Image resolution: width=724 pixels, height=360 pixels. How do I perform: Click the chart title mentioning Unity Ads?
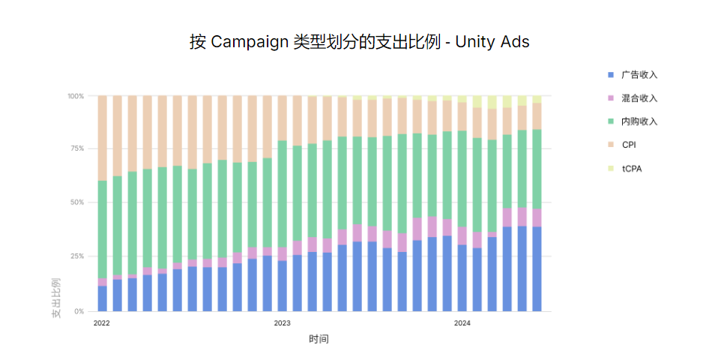[360, 42]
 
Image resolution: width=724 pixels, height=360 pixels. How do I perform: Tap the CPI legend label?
[629, 145]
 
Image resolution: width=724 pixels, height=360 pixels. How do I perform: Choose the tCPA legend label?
[632, 169]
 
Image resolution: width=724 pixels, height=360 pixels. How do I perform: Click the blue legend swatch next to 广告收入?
[611, 75]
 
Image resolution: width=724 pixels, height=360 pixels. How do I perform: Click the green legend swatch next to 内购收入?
[611, 121]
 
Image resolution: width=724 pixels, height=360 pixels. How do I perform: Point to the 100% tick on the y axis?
[76, 96]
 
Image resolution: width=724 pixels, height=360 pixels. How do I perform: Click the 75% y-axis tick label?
[78, 148]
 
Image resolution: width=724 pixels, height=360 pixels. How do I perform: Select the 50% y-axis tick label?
[78, 202]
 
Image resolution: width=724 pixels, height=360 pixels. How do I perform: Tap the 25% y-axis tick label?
[78, 256]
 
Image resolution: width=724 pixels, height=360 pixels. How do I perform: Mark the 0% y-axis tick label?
[79, 310]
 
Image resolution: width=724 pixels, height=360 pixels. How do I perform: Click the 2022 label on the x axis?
[102, 323]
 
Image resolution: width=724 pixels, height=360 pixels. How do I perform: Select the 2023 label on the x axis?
[282, 323]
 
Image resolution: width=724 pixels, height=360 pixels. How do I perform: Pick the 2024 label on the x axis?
[462, 323]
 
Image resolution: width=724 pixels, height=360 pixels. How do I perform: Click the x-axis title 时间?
[319, 339]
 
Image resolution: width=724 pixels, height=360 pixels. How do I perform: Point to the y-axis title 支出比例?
[56, 299]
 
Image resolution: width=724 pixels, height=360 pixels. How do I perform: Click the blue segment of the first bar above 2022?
[102, 298]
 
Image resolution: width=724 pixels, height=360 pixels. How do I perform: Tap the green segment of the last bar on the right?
[537, 169]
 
